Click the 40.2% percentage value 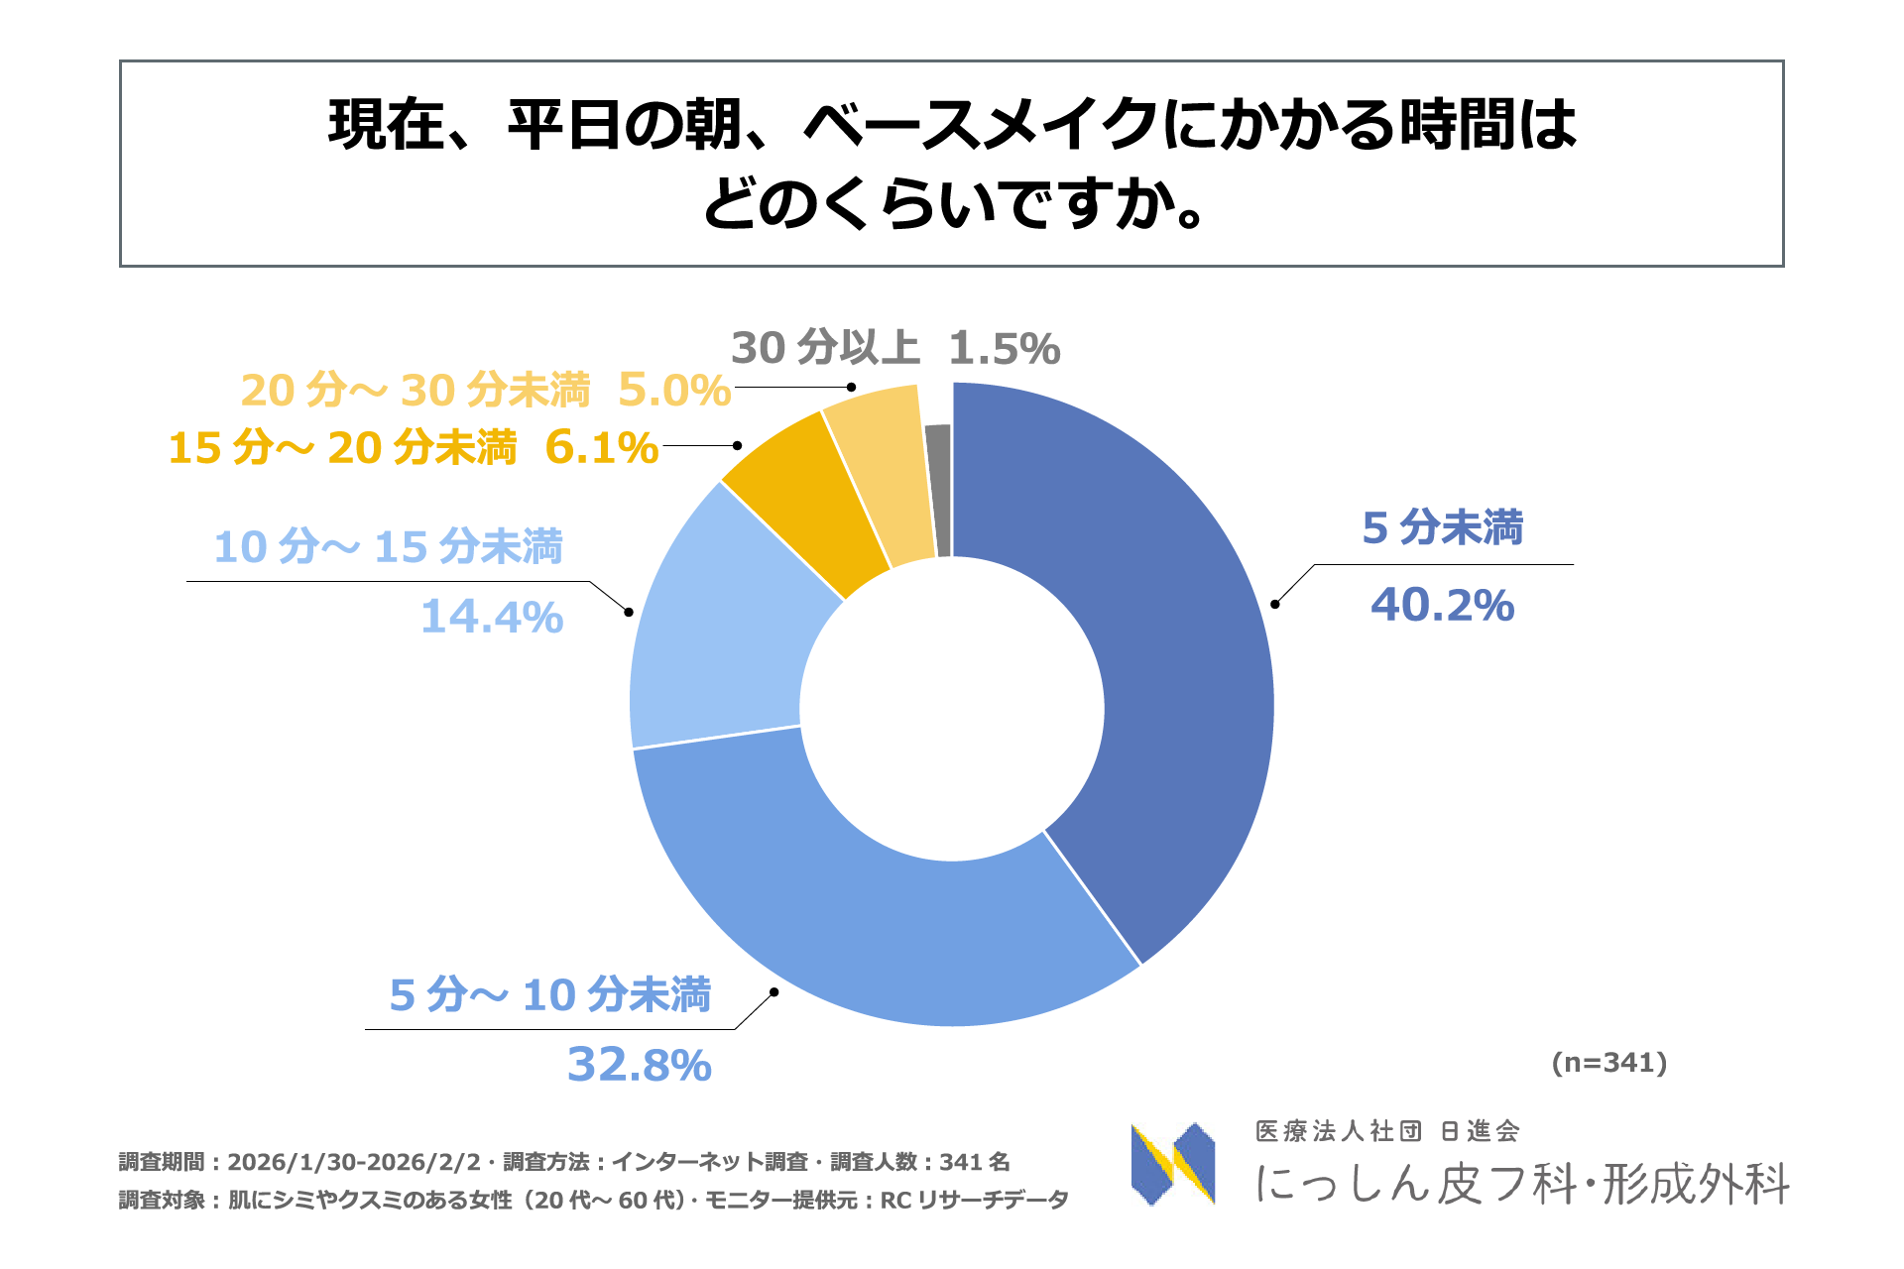1442,605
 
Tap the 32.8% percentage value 639,1065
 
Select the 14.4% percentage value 492,617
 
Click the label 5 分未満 1442,527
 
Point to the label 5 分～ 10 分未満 550,994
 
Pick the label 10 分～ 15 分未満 389,546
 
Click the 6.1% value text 602,448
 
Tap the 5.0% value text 674,391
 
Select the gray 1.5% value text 1004,348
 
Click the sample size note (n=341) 1608,1063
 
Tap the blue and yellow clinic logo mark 1173,1164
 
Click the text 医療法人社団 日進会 1387,1131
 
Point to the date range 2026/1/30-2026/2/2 354,1162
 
